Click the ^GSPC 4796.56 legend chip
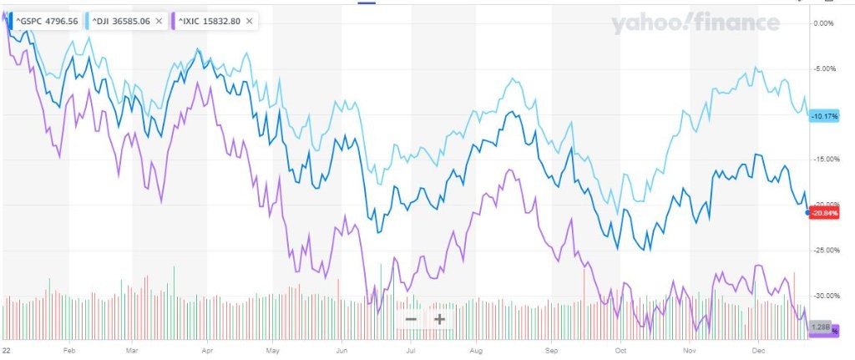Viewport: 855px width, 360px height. (x=46, y=21)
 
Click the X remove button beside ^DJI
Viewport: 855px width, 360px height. (x=159, y=21)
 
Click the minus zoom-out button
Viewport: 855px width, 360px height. (x=411, y=318)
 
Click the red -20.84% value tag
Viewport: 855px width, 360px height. (x=825, y=212)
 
